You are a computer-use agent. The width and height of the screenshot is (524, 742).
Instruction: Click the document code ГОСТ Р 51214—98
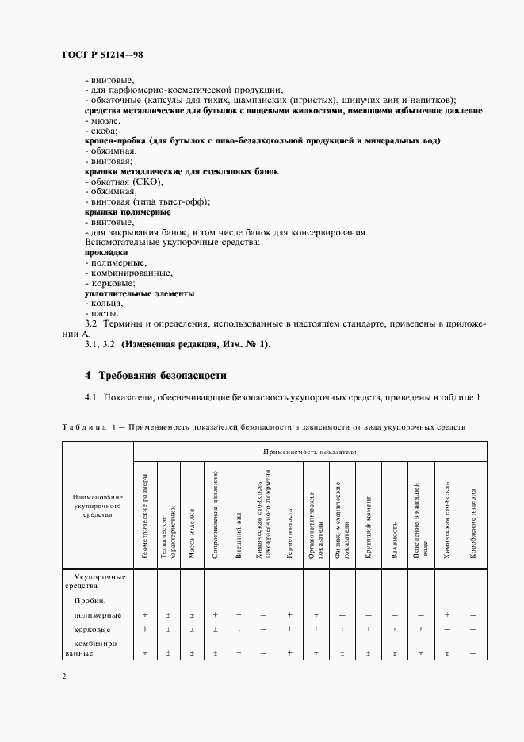[x=101, y=55]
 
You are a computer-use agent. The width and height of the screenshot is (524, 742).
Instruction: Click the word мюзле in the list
[x=105, y=120]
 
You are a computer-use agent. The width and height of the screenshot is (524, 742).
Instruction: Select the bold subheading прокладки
[x=106, y=253]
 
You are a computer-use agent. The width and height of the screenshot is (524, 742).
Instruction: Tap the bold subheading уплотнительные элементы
[x=140, y=293]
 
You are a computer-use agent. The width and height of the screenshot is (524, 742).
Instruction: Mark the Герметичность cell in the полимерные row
[x=290, y=614]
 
